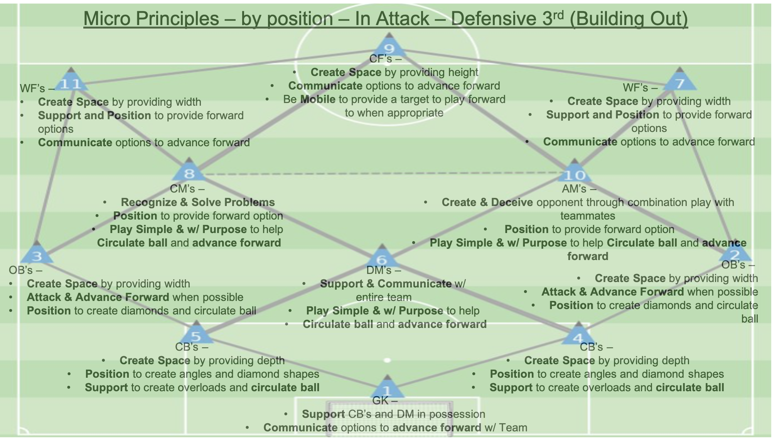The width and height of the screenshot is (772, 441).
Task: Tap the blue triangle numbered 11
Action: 71,82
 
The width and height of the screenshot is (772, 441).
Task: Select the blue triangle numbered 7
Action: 679,82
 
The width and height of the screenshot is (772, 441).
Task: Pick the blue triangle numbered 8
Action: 189,172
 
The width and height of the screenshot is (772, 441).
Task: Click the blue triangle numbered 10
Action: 575,173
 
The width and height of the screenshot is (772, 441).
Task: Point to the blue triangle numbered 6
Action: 382,258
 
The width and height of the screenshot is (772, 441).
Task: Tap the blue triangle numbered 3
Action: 37,255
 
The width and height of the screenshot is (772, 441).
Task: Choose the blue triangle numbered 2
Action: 735,253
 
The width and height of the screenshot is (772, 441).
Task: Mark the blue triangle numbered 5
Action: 196,335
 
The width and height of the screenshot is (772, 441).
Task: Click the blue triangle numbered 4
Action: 578,336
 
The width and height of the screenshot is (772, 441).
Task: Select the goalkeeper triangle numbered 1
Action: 387,389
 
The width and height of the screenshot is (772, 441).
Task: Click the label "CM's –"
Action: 187,189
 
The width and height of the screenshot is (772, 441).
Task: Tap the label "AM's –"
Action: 579,189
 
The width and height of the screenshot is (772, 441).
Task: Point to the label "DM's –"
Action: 384,270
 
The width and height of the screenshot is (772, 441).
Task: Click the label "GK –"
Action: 384,401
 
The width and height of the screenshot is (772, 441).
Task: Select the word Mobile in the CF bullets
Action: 318,99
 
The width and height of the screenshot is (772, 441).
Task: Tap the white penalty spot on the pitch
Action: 387,360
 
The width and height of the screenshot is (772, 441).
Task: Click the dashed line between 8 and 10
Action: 382,174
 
